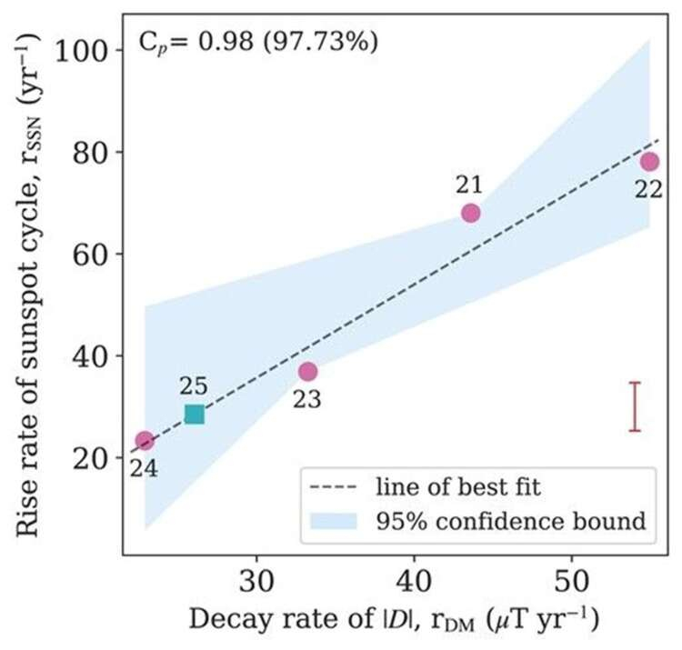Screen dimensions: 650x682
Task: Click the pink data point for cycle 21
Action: tap(470, 213)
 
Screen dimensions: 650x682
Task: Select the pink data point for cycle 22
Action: tap(649, 162)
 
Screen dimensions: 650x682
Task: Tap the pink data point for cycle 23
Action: tap(308, 371)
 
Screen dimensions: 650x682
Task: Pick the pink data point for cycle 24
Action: tap(144, 441)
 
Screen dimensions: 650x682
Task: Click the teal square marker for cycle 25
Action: tap(194, 415)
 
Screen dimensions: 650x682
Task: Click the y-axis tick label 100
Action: tap(86, 51)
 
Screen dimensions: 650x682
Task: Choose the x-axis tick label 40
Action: tap(415, 580)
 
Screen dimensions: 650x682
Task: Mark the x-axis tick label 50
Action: tap(571, 580)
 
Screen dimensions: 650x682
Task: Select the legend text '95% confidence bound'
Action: tap(510, 520)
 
